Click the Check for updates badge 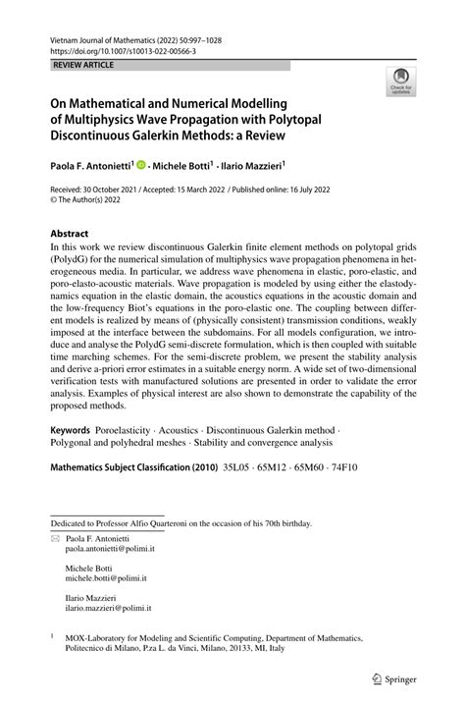click(400, 81)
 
